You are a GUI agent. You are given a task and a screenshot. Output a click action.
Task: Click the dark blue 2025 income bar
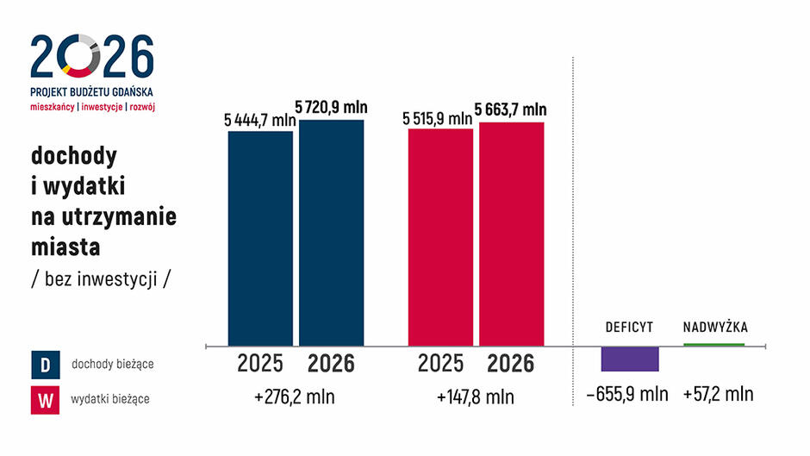click(260, 238)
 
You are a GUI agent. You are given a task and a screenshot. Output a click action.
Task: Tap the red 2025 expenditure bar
click(440, 237)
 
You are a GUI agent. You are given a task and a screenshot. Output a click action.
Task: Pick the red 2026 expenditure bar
click(512, 234)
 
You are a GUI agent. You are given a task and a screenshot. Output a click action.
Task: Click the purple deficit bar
click(629, 359)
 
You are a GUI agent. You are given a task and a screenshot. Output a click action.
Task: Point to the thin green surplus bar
click(713, 345)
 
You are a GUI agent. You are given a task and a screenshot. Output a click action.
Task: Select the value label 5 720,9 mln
click(332, 108)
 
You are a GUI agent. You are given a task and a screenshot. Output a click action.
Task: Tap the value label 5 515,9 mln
click(439, 118)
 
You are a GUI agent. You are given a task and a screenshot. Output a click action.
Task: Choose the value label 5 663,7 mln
click(512, 109)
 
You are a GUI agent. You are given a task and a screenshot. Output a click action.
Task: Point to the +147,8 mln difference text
click(476, 397)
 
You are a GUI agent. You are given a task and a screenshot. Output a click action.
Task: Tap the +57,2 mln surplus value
click(718, 395)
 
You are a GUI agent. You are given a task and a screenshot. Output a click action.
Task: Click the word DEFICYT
click(629, 328)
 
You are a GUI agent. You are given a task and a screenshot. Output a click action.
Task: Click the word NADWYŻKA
click(715, 328)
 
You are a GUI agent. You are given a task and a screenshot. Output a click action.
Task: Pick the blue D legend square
click(45, 365)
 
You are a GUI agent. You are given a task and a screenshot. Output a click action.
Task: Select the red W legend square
click(45, 398)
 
